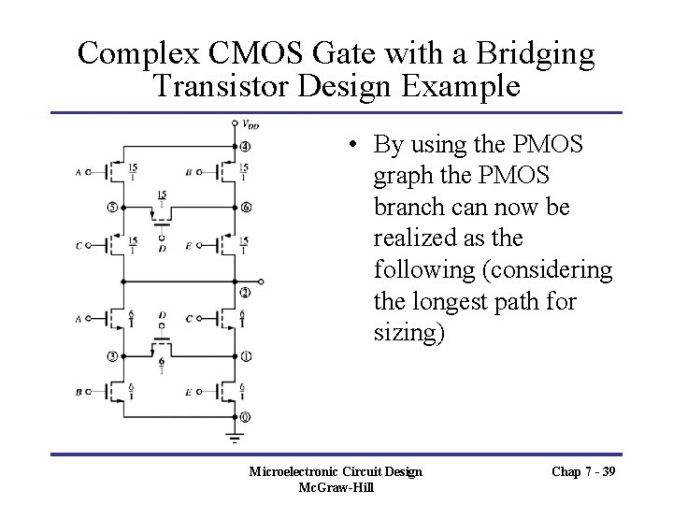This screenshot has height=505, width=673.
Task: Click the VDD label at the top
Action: tap(251, 123)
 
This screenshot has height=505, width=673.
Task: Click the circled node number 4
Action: tap(245, 147)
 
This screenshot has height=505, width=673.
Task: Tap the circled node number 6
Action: tap(245, 207)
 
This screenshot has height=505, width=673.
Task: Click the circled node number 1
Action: tap(245, 356)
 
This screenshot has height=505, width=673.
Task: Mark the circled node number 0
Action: tap(245, 416)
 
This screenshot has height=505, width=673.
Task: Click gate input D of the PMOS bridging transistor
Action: tap(163, 249)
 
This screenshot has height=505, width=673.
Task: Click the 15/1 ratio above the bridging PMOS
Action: tap(163, 198)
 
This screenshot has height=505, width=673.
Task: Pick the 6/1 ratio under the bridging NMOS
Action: tap(163, 365)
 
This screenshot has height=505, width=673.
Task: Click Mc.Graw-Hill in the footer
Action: tap(336, 487)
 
